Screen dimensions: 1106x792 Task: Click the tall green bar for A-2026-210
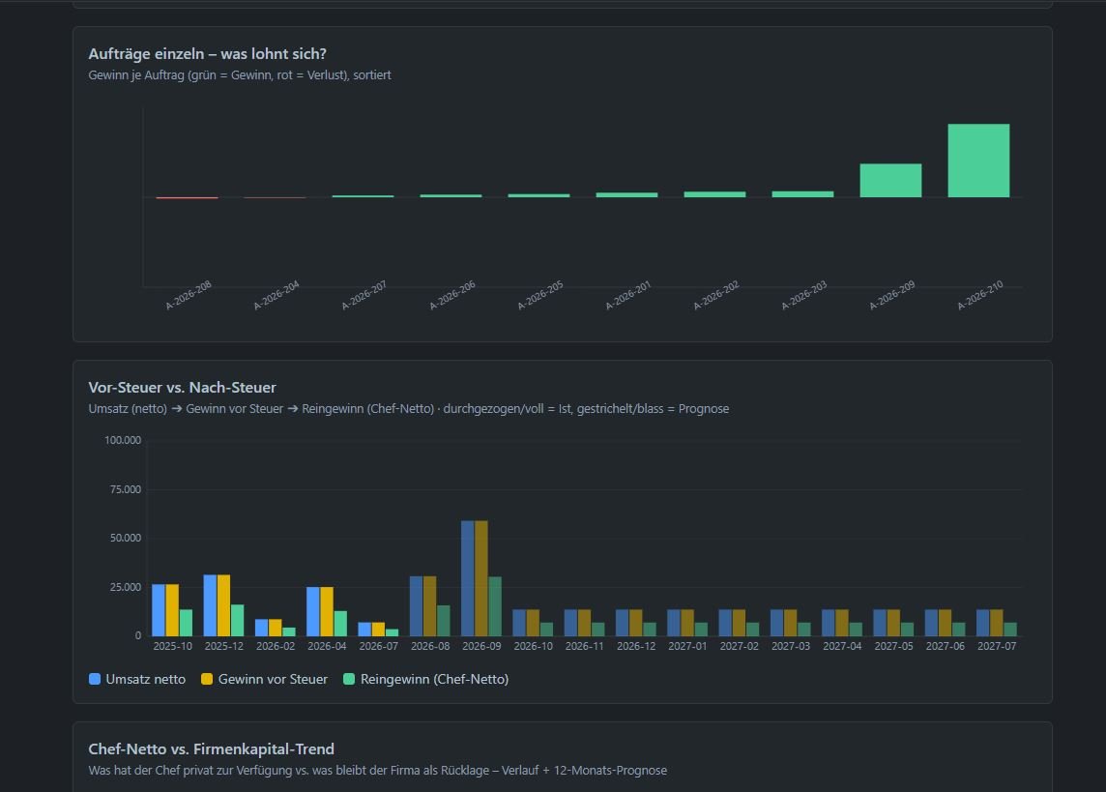[978, 161]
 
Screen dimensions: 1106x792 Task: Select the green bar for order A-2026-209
[890, 180]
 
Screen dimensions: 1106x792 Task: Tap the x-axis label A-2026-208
[189, 296]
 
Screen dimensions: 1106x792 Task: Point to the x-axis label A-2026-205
[540, 296]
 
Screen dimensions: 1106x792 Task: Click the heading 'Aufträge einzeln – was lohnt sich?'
[207, 53]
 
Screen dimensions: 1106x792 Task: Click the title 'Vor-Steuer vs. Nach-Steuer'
[182, 387]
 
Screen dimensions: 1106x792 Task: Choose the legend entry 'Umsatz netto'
[137, 679]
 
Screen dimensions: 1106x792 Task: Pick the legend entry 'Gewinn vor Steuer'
[265, 679]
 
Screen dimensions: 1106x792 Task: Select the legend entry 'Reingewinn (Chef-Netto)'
[426, 679]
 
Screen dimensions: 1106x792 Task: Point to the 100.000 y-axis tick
[123, 440]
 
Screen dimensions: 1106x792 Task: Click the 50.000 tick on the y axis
[126, 538]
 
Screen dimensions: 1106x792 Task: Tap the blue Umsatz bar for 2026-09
[468, 578]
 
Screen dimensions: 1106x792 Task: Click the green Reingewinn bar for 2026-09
[495, 606]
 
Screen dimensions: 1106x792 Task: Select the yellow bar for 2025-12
[223, 605]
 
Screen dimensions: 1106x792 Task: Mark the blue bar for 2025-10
[159, 610]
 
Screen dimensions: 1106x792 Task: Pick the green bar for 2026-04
[340, 624]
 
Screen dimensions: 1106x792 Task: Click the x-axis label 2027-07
[997, 646]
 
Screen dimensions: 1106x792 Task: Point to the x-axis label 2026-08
[430, 646]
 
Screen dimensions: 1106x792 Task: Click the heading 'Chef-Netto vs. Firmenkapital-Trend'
[211, 749]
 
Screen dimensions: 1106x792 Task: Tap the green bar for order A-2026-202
[714, 194]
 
